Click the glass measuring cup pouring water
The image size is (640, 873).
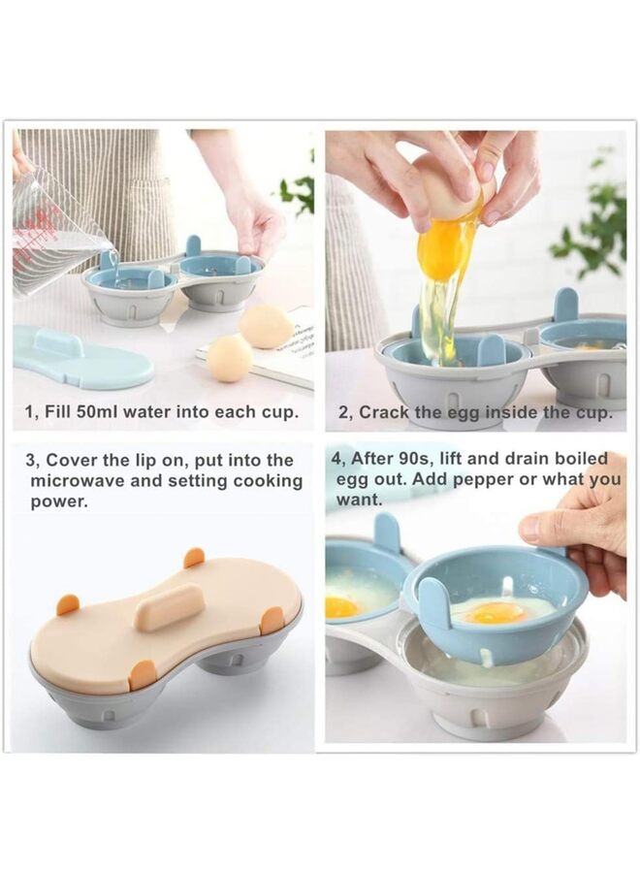pos(53,237)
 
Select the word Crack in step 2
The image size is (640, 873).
pos(384,412)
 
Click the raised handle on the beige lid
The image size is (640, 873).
pos(170,607)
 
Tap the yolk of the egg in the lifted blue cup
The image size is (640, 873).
pos(494,613)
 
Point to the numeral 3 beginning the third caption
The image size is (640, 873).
pos(30,460)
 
